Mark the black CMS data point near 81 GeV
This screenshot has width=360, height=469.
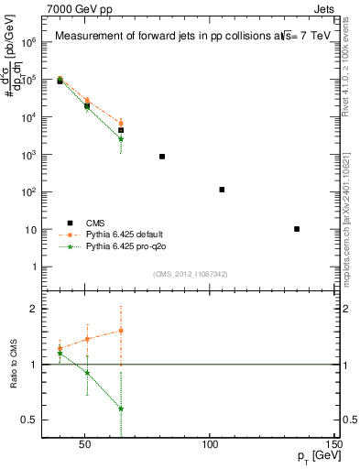tap(162, 157)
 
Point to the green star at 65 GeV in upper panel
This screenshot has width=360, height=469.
tap(121, 138)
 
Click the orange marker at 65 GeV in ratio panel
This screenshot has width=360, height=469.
tap(121, 331)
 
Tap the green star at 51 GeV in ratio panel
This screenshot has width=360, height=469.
tap(87, 373)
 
